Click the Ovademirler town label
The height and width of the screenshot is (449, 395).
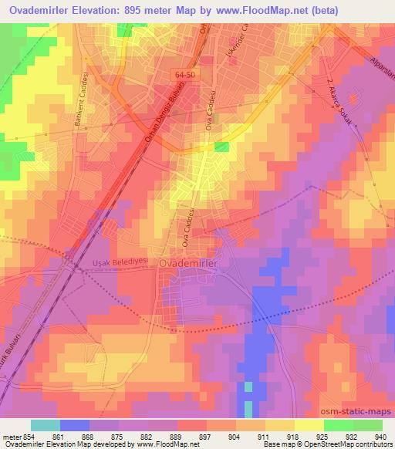(190, 263)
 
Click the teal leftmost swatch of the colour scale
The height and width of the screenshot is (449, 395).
(46, 425)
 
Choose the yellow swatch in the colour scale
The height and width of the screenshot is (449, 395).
(309, 425)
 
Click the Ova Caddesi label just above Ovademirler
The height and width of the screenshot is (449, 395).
(185, 234)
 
